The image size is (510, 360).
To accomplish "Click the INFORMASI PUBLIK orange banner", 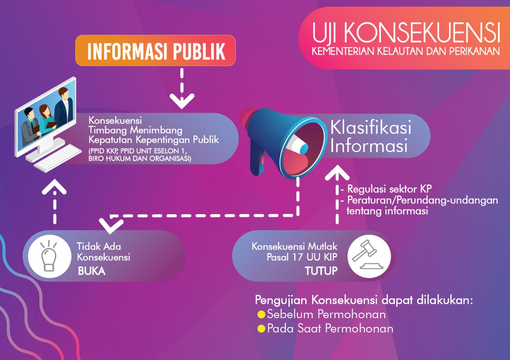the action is point(155,51).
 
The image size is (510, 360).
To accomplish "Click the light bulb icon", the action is point(49,256).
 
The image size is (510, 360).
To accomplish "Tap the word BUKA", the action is point(92,271).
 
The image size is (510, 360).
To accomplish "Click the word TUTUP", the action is point(321,271).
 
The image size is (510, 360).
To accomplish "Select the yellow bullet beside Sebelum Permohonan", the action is point(261,315).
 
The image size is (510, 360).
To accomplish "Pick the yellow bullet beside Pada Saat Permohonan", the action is point(261,329).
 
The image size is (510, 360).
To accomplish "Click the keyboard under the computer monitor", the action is point(57,158).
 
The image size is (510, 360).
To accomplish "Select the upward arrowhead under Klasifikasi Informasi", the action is point(337,173).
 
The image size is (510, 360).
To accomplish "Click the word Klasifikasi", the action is point(371,128).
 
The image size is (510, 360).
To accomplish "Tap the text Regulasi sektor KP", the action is point(390,189).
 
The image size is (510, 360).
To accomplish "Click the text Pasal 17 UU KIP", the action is point(302,257).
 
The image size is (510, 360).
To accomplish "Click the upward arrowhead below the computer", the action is point(54,187).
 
